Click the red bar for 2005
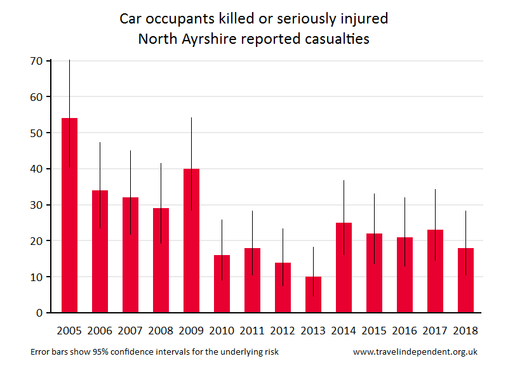click(69, 216)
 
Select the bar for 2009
click(191, 241)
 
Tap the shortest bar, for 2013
click(313, 295)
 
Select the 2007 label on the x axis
click(130, 331)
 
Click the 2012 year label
click(283, 331)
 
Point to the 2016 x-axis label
click(404, 331)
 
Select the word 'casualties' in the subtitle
click(337, 39)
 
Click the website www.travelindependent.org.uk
click(415, 352)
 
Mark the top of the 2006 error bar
click(100, 143)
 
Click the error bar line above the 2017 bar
click(435, 209)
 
